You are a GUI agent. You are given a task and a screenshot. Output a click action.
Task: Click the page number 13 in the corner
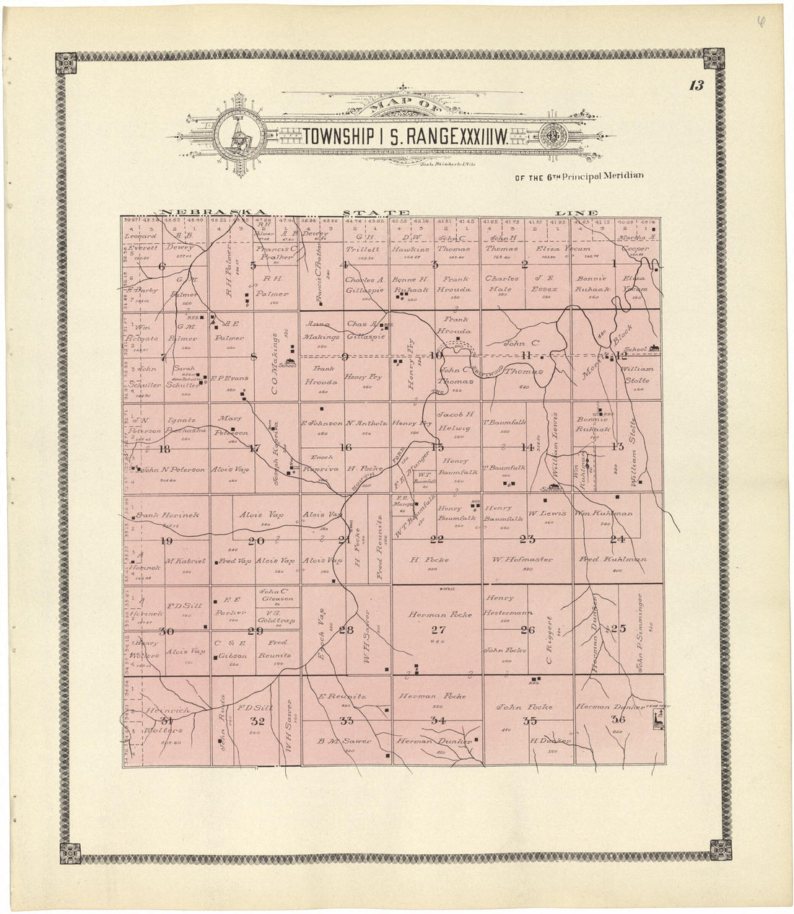pyautogui.click(x=696, y=86)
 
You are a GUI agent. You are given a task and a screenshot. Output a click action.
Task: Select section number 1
pyautogui.click(x=615, y=264)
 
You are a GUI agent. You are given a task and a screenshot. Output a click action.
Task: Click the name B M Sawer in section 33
pyautogui.click(x=346, y=741)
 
